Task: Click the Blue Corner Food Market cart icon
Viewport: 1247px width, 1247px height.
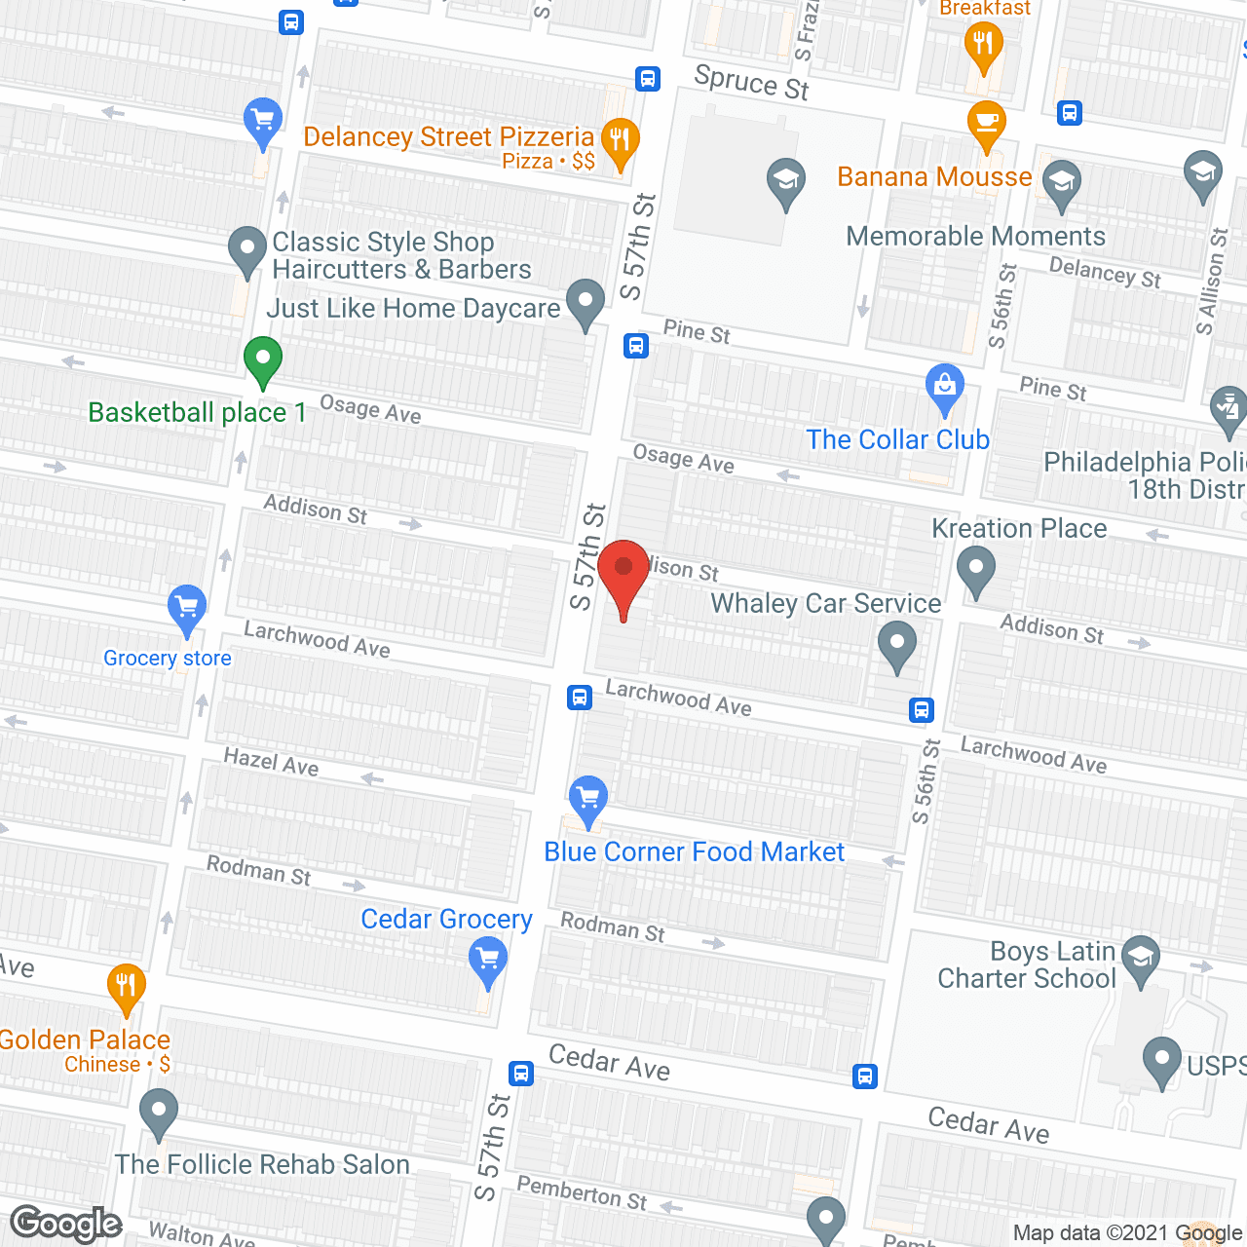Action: coord(587,799)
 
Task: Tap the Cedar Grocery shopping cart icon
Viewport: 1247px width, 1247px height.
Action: coord(487,959)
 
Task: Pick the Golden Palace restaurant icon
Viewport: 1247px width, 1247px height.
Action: coord(126,986)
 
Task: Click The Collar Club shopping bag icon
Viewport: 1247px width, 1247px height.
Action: coord(944,387)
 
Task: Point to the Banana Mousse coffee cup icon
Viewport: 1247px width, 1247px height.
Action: coord(986,123)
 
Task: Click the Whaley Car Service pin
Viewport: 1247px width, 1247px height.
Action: coord(896,645)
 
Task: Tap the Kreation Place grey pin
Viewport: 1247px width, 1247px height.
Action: coord(975,569)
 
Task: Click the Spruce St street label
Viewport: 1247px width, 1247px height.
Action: coord(751,83)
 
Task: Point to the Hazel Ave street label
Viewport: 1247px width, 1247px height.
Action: coord(271,762)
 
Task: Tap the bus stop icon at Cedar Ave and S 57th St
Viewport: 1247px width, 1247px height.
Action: coord(521,1074)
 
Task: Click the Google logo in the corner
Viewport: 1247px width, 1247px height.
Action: coord(66,1224)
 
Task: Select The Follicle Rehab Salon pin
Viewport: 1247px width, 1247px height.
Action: coord(158,1112)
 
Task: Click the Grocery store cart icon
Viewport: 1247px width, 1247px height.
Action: coord(186,608)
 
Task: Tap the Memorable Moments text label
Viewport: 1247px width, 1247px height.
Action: coord(975,237)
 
